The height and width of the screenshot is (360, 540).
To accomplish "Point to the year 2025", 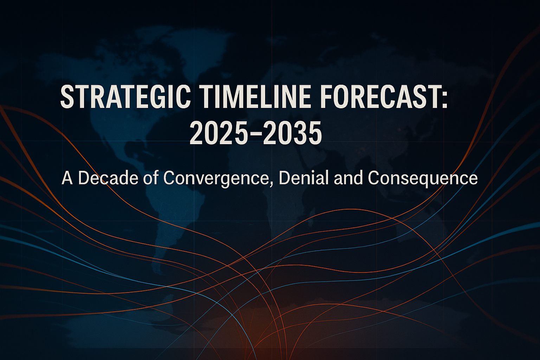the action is (219, 133).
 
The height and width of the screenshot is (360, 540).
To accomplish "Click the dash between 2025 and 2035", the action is (256, 134).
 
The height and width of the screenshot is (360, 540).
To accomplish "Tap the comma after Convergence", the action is (270, 184).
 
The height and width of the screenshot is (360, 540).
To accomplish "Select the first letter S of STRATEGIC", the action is (66, 98).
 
